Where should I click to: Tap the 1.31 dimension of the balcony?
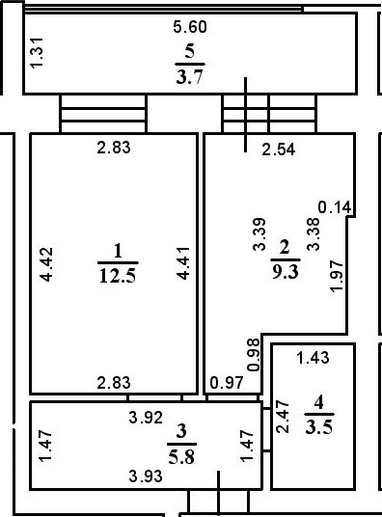coord(37,52)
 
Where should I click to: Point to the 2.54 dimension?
coord(265,149)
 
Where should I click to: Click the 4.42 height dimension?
coord(46,264)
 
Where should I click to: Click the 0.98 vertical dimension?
coord(254,356)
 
